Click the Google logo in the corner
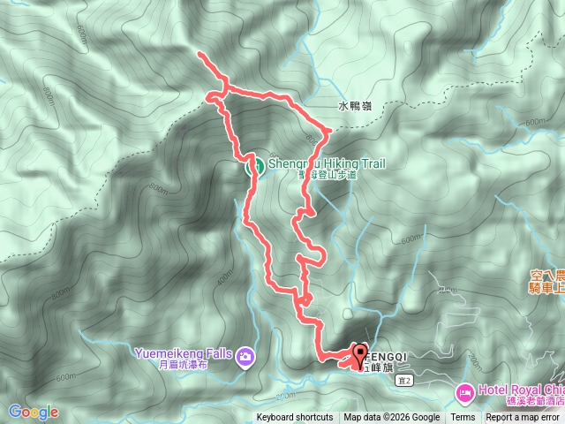[34, 412]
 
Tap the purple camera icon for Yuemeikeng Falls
[245, 332]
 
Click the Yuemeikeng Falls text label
[184, 329]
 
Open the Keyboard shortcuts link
[295, 418]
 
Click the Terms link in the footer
[463, 418]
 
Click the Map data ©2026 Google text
[392, 418]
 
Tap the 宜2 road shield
[406, 355]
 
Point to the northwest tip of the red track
[201, 56]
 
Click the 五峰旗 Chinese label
[381, 343]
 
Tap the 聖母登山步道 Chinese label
[328, 176]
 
